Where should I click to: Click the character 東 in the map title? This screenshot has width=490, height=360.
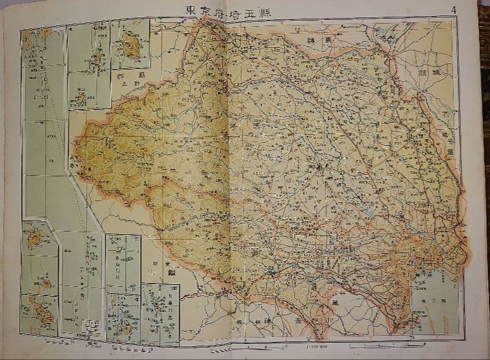(x=190, y=11)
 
